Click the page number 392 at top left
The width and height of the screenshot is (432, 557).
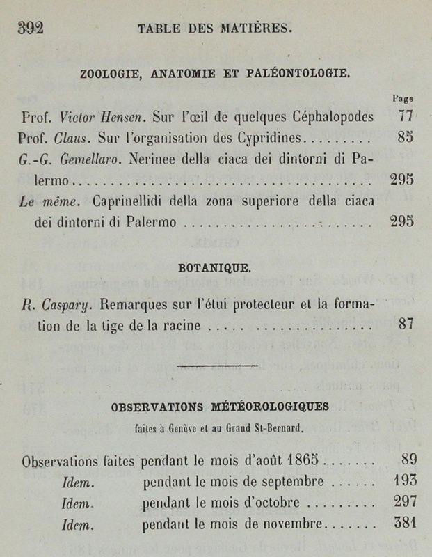pos(31,28)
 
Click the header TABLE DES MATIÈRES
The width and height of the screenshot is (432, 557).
pos(219,29)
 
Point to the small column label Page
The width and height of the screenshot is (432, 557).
pos(403,99)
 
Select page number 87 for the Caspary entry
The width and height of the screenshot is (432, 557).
pos(407,324)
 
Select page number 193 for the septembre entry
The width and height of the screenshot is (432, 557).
pos(405,481)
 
